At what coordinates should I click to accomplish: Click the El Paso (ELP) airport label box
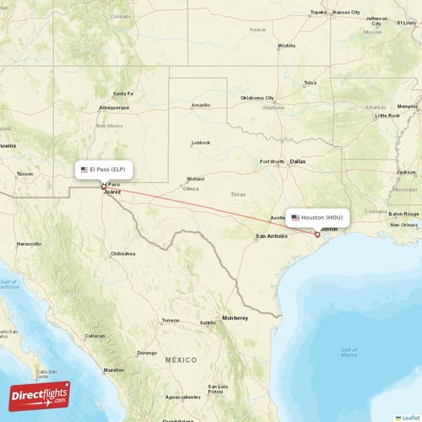pos(104,170)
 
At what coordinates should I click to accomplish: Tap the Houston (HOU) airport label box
pos(317,218)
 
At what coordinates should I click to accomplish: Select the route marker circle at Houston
pos(317,235)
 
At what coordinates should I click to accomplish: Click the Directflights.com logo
pos(40,395)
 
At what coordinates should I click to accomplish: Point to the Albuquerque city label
pos(113,108)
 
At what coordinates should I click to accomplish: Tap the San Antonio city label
pos(272,235)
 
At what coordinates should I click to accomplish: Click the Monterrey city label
pos(235,318)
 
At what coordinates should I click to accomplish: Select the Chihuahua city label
pos(122,253)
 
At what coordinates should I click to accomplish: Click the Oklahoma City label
pos(257,97)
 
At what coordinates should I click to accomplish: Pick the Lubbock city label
pos(201,143)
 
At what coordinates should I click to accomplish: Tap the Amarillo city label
pos(200,105)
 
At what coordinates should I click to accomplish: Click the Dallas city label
pos(298,160)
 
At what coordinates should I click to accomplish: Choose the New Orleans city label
pos(403,225)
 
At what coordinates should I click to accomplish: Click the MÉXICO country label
pos(181,360)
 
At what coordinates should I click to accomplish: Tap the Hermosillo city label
pos(30,243)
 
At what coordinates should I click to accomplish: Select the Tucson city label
pos(24,175)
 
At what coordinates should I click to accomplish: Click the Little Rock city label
pos(388,115)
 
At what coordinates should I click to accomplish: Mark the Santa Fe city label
pos(123,94)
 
